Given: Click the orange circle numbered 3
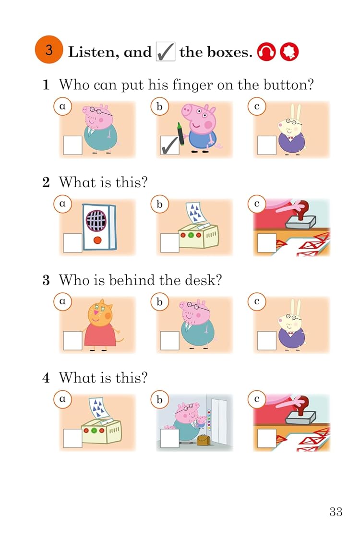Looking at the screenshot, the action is click(48, 49).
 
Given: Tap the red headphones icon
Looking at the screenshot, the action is click(266, 52).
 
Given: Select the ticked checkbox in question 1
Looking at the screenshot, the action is click(170, 145).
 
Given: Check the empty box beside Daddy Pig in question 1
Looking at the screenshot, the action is click(72, 145).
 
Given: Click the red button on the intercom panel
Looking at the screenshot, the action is click(97, 240).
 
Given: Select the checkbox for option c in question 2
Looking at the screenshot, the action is click(267, 243).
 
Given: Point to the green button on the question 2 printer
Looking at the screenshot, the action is click(191, 235).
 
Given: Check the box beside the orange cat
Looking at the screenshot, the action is click(72, 340).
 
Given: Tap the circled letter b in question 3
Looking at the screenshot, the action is click(159, 302).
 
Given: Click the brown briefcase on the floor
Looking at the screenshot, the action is click(203, 440).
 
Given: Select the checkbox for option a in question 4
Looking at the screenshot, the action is click(72, 438).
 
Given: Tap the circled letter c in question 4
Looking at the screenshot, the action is click(257, 399).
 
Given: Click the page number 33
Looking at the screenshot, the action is click(336, 512).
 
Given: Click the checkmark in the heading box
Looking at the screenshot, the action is click(165, 52).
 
